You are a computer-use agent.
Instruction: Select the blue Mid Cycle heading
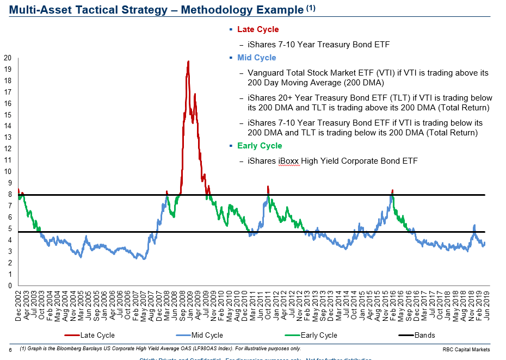[256, 58]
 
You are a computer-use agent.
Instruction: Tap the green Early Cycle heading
[260, 146]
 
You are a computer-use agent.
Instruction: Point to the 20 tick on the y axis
[8, 58]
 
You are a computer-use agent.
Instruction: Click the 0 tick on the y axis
[9, 285]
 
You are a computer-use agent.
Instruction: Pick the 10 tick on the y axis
[8, 171]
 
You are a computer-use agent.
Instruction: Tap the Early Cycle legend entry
[319, 336]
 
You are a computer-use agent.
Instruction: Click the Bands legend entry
[425, 336]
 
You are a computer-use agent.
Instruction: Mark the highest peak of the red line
[188, 61]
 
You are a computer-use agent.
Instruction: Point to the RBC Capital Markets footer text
[466, 349]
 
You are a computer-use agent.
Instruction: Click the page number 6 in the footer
[10, 350]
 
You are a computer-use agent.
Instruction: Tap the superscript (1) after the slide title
[310, 7]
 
